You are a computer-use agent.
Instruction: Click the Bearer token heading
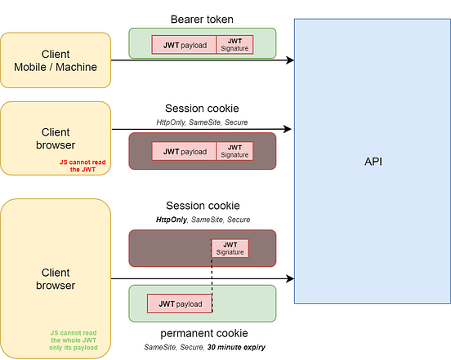pos(202,19)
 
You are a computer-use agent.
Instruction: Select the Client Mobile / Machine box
pos(56,60)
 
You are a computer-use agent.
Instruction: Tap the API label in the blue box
pos(373,162)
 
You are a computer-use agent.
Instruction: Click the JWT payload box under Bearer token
pos(184,45)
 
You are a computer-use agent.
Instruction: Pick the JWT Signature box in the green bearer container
pos(234,45)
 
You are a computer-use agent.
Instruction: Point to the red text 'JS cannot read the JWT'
pos(82,166)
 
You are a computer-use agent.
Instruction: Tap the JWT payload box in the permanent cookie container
pos(180,303)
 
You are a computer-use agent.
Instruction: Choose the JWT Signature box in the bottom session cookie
pos(230,248)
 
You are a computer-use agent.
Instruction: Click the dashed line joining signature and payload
pos(212,278)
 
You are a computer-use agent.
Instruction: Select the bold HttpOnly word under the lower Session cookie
pos(172,220)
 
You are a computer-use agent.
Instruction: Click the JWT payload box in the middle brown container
pos(184,151)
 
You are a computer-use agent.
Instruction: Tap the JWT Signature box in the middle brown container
pos(234,151)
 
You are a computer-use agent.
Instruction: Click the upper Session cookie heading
pos(202,109)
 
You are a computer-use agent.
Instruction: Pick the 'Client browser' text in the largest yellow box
pos(56,278)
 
